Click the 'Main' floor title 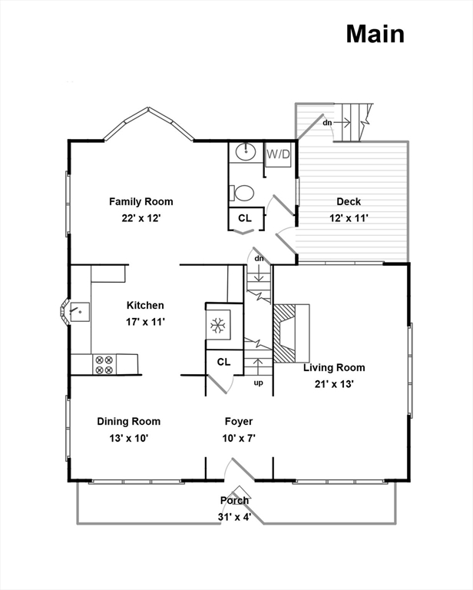pyautogui.click(x=374, y=34)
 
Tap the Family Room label pyautogui.click(x=141, y=202)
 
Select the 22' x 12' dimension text pyautogui.click(x=141, y=218)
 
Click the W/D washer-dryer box pyautogui.click(x=279, y=154)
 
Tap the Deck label pyautogui.click(x=349, y=202)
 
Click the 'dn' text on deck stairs pyautogui.click(x=327, y=122)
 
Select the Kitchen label pyautogui.click(x=146, y=305)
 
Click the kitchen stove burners pyautogui.click(x=104, y=364)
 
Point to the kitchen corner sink pyautogui.click(x=77, y=311)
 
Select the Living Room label pyautogui.click(x=334, y=367)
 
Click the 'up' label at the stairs pyautogui.click(x=258, y=382)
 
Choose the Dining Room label pyautogui.click(x=128, y=421)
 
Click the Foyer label pyautogui.click(x=239, y=421)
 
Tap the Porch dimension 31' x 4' pyautogui.click(x=235, y=516)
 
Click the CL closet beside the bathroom pyautogui.click(x=244, y=218)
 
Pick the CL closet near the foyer pyautogui.click(x=223, y=362)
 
